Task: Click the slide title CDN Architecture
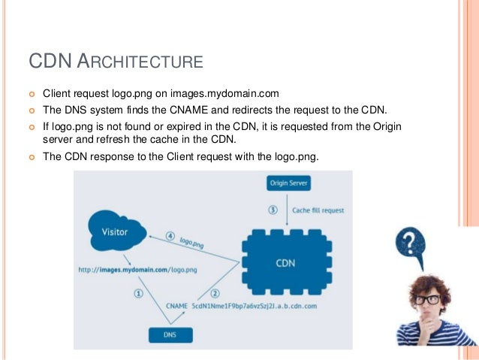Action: [116, 60]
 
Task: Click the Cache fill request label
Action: [318, 210]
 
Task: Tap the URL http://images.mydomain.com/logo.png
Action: [137, 268]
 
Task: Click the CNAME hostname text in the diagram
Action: [255, 307]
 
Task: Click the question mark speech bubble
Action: [411, 245]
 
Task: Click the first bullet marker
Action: [32, 95]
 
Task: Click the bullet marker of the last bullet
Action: [32, 157]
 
